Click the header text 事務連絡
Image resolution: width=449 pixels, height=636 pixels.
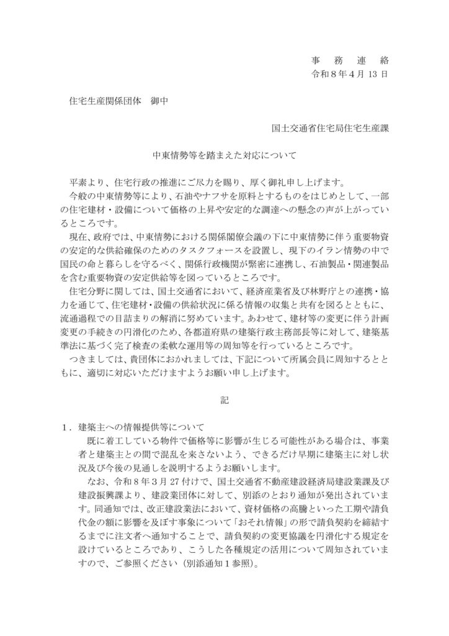(x=350, y=61)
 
